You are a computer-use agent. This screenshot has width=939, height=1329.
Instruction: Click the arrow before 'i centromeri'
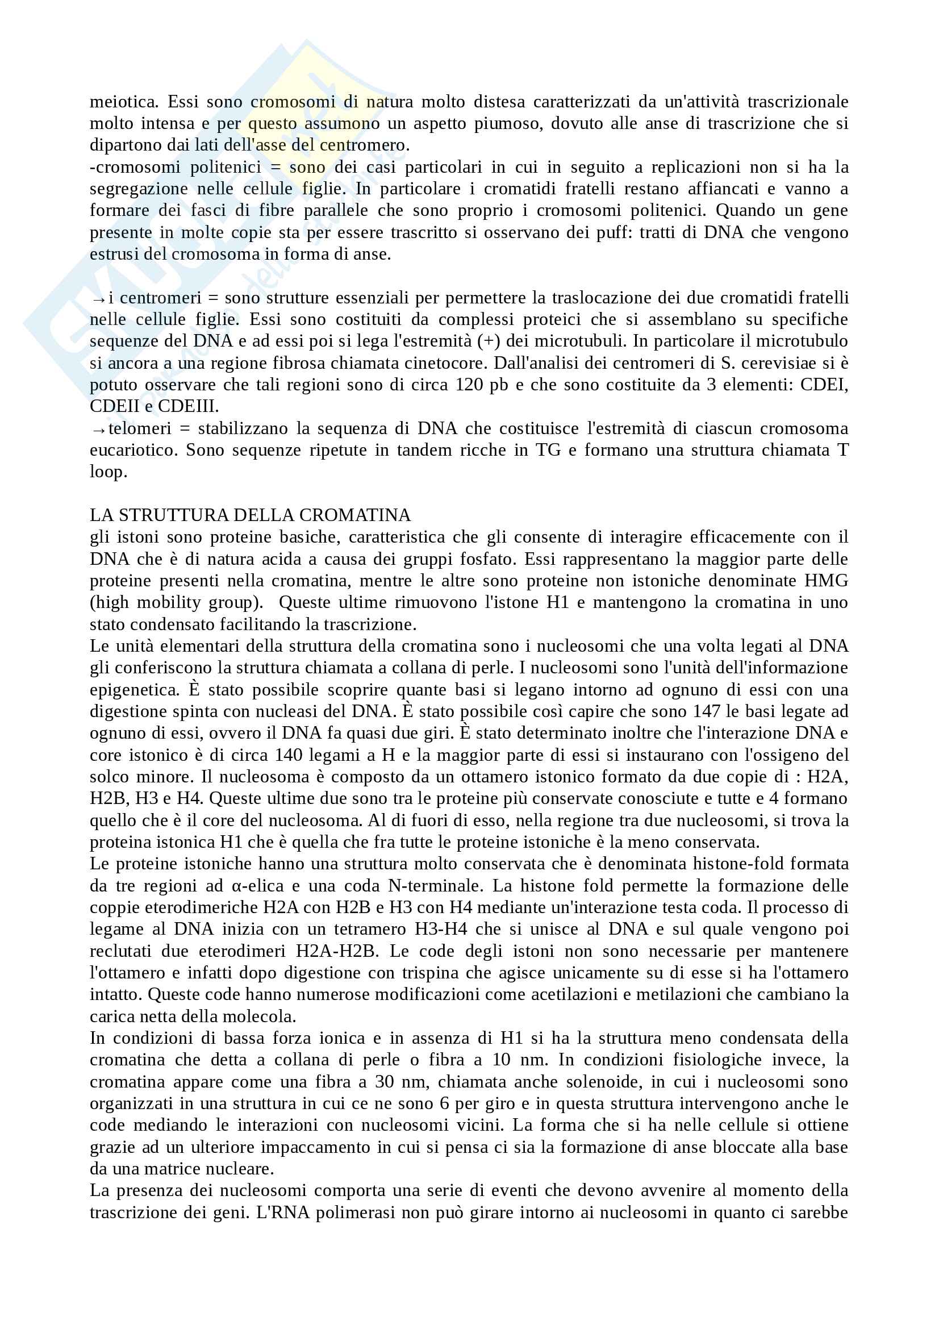pyautogui.click(x=98, y=299)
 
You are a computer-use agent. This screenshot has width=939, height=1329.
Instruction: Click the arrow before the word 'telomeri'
pyautogui.click(x=98, y=430)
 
